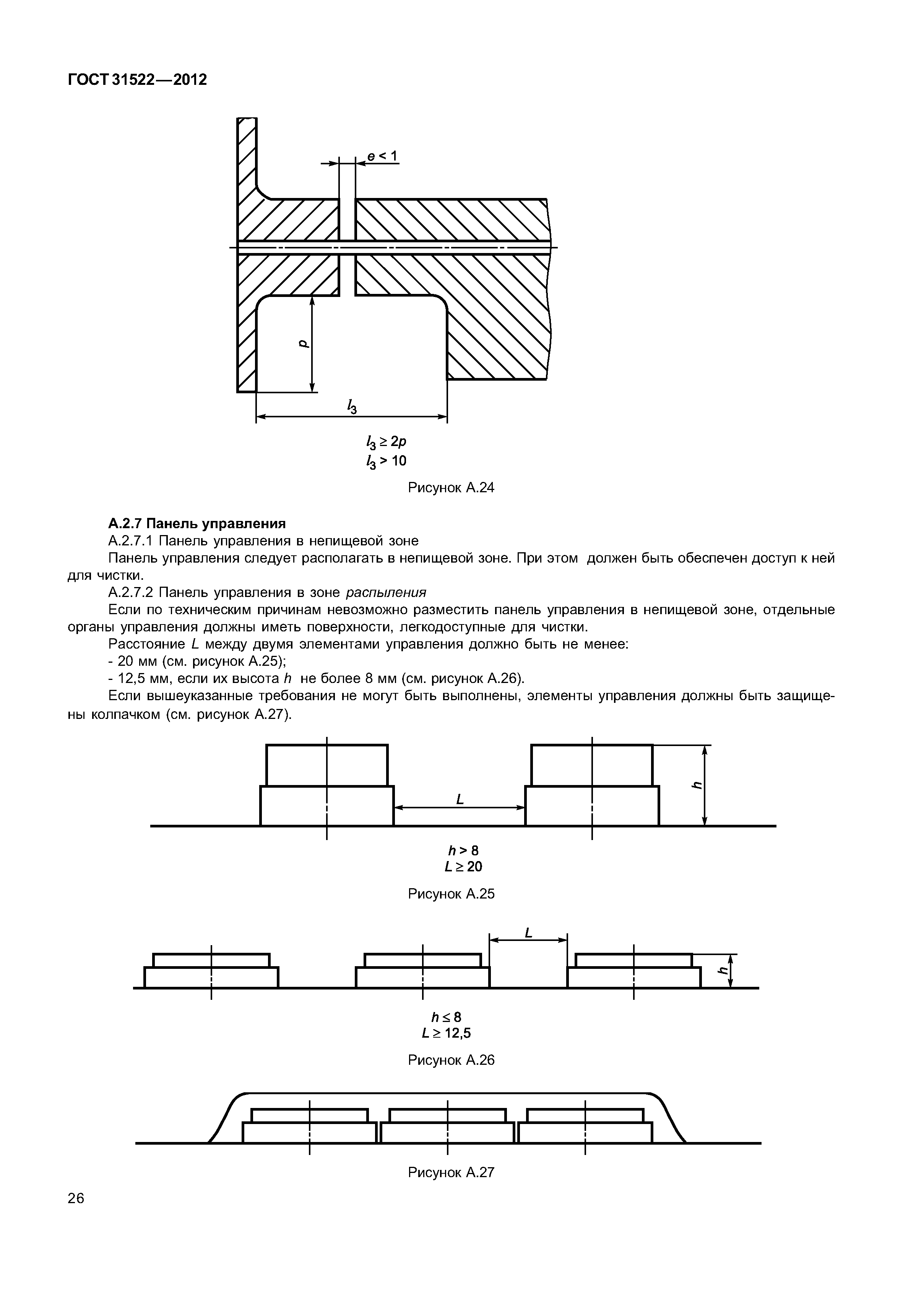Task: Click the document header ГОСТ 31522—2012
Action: pyautogui.click(x=138, y=80)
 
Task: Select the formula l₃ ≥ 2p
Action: pyautogui.click(x=387, y=442)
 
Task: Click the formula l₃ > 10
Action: pyautogui.click(x=387, y=462)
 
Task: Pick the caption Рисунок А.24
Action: pyautogui.click(x=451, y=488)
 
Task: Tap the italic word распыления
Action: pyautogui.click(x=386, y=592)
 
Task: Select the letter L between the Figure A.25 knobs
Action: pyautogui.click(x=460, y=799)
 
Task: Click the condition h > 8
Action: pyautogui.click(x=463, y=850)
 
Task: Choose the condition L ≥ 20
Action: pyautogui.click(x=463, y=867)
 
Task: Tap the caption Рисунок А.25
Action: pyautogui.click(x=451, y=894)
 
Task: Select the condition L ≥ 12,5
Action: pyautogui.click(x=447, y=1033)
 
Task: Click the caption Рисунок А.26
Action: pyautogui.click(x=451, y=1060)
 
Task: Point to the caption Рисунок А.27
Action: pyautogui.click(x=451, y=1173)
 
